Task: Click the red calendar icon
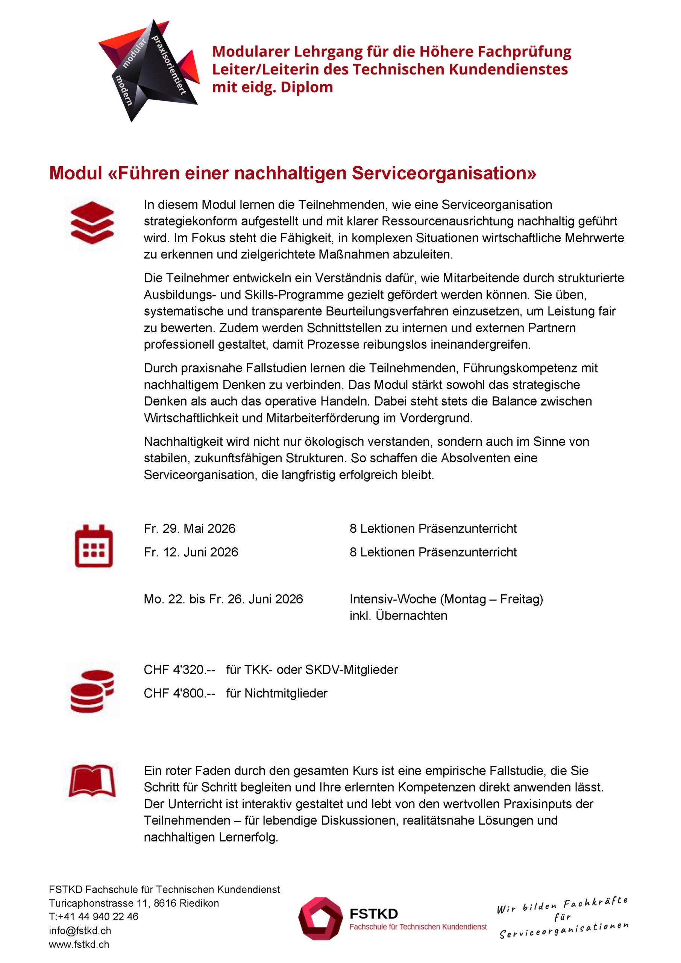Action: click(x=94, y=546)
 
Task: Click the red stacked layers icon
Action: click(x=92, y=223)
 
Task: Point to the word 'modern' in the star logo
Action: click(x=124, y=91)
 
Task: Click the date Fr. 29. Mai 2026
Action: click(x=190, y=529)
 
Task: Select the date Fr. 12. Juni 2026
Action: click(x=191, y=552)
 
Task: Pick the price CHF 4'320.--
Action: click(x=179, y=670)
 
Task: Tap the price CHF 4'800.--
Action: click(x=179, y=693)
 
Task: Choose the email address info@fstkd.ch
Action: click(x=80, y=931)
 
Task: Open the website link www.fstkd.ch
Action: click(x=79, y=945)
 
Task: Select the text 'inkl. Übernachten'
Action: click(x=398, y=615)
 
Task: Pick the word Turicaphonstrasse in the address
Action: click(x=85, y=903)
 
